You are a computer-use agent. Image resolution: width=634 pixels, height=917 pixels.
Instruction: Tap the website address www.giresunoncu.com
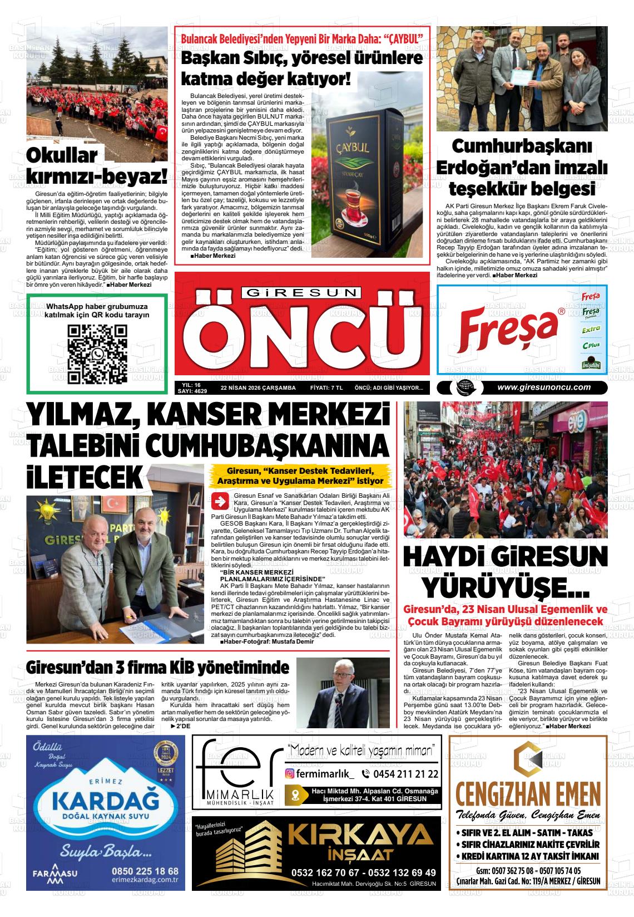(x=543, y=388)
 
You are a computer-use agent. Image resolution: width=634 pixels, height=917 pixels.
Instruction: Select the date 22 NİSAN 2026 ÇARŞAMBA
(x=258, y=388)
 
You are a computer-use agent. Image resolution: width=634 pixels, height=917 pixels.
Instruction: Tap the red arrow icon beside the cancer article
(x=220, y=501)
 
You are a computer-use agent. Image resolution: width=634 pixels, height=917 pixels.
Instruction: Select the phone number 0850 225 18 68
(x=145, y=871)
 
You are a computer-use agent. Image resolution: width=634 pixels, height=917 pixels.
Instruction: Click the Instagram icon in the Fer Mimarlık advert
(x=290, y=773)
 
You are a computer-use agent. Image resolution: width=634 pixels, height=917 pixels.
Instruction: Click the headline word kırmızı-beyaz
(x=97, y=177)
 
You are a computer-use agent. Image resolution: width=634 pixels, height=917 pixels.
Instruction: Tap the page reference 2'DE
(x=180, y=727)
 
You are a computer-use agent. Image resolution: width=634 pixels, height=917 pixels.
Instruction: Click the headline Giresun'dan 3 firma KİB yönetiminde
(x=158, y=667)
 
